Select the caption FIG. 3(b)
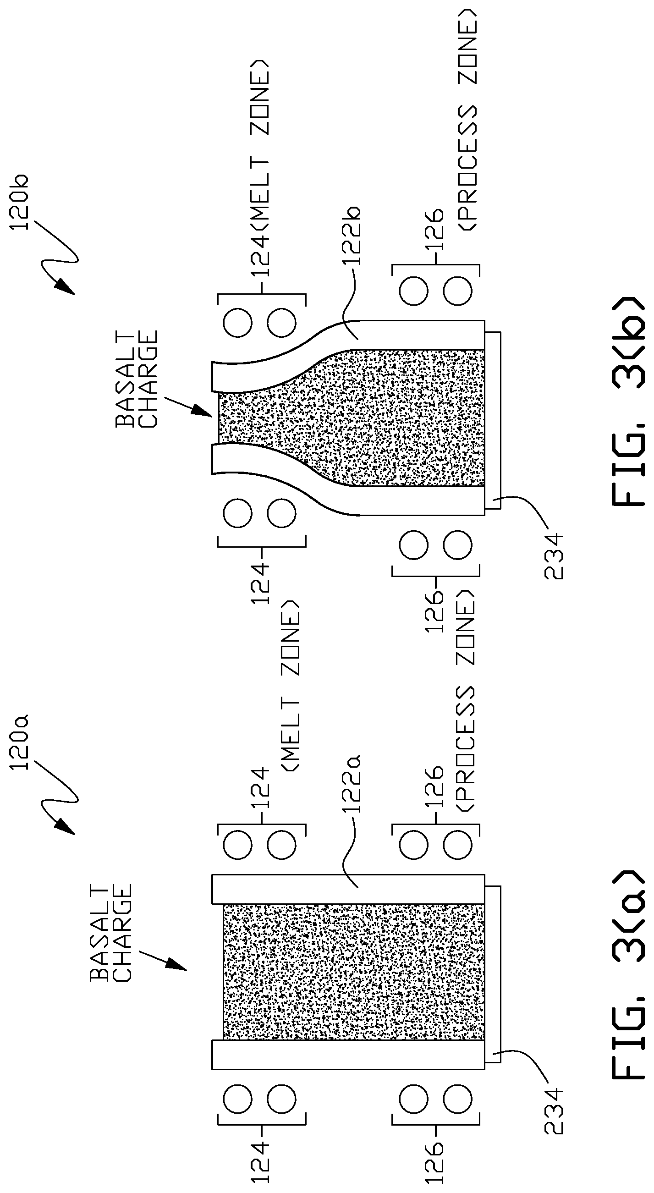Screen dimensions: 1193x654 [x=627, y=402]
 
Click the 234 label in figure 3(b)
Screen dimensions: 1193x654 [x=554, y=556]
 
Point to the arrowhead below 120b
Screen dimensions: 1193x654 [x=65, y=287]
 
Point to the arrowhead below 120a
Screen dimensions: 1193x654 [x=65, y=828]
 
